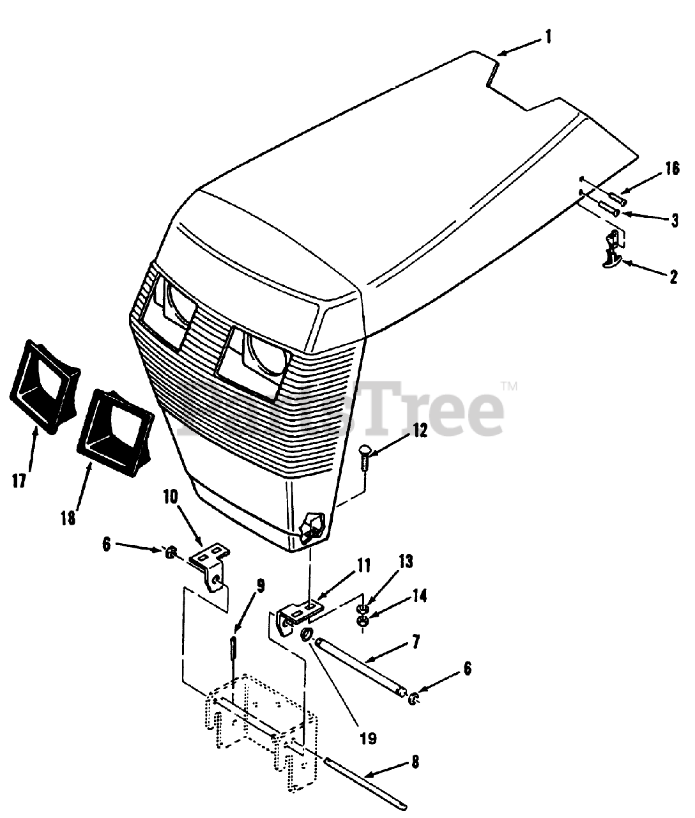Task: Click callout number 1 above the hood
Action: [x=547, y=37]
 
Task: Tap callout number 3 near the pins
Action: [x=673, y=220]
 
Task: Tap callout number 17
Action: [x=19, y=481]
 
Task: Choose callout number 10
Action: [x=171, y=496]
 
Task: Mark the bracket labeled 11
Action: [x=298, y=614]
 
